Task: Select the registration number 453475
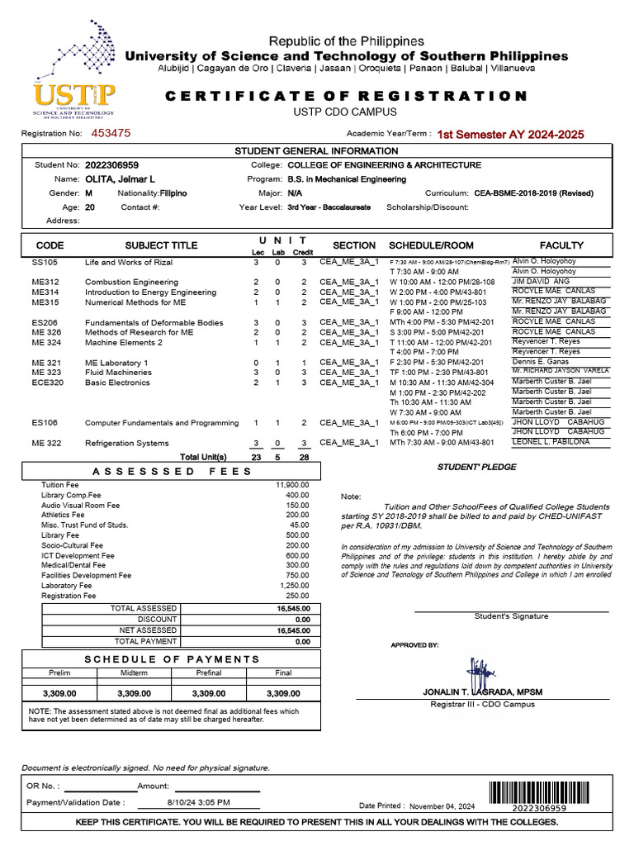click(x=111, y=132)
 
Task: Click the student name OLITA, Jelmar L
click(x=120, y=178)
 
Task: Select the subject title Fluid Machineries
click(x=118, y=373)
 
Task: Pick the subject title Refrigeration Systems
click(x=126, y=443)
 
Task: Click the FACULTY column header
click(x=561, y=245)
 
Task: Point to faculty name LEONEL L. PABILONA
click(x=551, y=442)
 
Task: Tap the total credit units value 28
click(x=304, y=457)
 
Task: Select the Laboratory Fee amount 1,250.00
click(x=294, y=585)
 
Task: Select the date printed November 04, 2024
click(x=442, y=806)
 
